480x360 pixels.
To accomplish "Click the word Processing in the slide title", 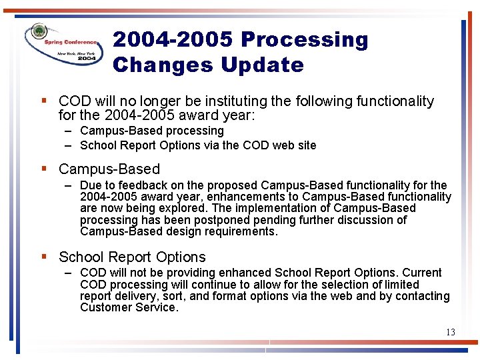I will click(x=304, y=40).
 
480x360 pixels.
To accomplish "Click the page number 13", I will click(x=450, y=332).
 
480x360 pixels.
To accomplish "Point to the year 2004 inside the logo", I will click(x=87, y=59).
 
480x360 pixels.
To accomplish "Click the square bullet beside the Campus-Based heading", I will click(x=43, y=169).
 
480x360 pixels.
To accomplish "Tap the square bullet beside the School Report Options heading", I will click(x=43, y=257).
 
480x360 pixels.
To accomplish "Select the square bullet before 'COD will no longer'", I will click(x=43, y=101).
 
